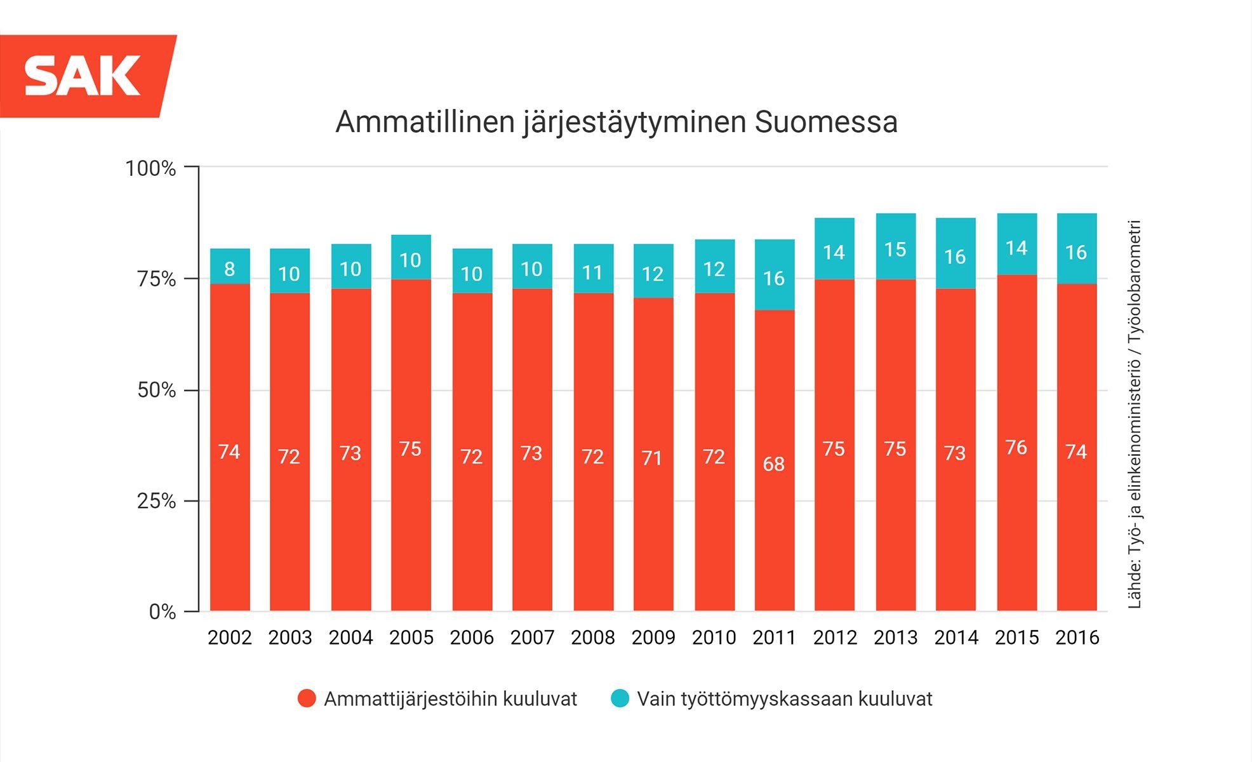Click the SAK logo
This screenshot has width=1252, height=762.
click(83, 76)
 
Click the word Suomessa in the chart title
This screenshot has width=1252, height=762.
click(826, 122)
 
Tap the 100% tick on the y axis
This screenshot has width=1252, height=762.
click(150, 168)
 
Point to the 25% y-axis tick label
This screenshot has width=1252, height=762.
click(156, 501)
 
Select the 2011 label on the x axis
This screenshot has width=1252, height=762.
click(774, 637)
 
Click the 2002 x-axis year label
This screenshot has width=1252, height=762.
click(230, 637)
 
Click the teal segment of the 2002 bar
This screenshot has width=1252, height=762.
click(230, 266)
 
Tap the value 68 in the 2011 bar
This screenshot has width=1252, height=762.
click(774, 464)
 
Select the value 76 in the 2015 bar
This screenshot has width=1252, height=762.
click(1016, 448)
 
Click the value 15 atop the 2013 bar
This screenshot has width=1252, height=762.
click(895, 250)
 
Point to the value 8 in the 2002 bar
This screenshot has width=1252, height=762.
click(230, 269)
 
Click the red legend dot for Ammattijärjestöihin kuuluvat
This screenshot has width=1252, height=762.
click(307, 698)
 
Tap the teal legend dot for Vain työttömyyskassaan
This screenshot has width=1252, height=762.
click(620, 698)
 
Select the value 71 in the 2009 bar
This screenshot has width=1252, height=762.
click(652, 458)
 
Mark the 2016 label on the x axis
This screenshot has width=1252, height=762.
click(1077, 637)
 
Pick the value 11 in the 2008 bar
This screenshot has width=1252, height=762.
click(592, 273)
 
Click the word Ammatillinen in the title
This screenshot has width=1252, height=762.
click(425, 122)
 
